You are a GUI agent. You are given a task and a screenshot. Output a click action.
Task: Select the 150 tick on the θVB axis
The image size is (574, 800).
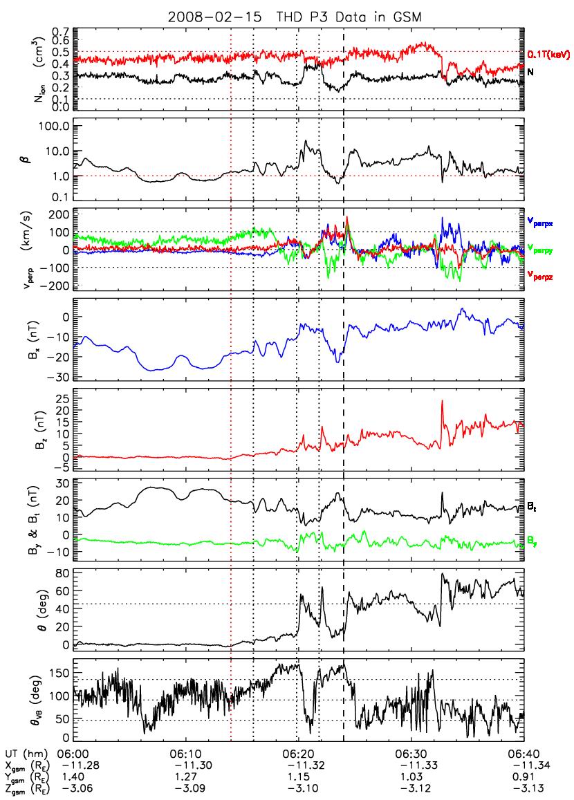[61, 669]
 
